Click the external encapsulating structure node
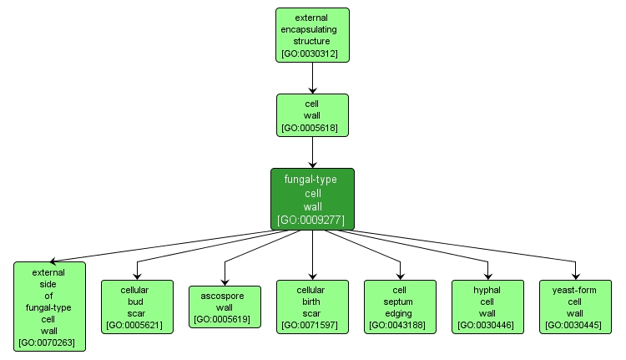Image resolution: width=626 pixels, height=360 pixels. point(312,34)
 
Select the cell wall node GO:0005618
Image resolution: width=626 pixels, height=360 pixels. point(312,115)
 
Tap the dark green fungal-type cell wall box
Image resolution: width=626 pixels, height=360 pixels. point(312,199)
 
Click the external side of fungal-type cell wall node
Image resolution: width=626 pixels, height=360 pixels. point(49,307)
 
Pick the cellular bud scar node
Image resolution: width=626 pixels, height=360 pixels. point(137,307)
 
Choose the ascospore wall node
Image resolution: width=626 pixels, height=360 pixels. point(225,307)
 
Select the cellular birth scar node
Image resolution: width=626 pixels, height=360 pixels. point(312,307)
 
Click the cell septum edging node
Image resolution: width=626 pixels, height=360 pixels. point(400,307)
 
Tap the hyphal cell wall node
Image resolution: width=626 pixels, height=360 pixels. point(487,307)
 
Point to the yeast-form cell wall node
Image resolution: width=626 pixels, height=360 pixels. point(575,307)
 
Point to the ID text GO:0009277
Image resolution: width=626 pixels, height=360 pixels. point(312,220)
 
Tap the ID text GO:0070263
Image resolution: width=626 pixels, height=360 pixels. point(49,342)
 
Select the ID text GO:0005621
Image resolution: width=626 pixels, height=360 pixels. point(137,325)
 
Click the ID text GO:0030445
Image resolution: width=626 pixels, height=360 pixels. point(575,325)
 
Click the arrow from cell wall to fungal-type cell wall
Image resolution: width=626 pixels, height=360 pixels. point(312,153)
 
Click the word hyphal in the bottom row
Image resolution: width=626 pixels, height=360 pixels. point(487,290)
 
